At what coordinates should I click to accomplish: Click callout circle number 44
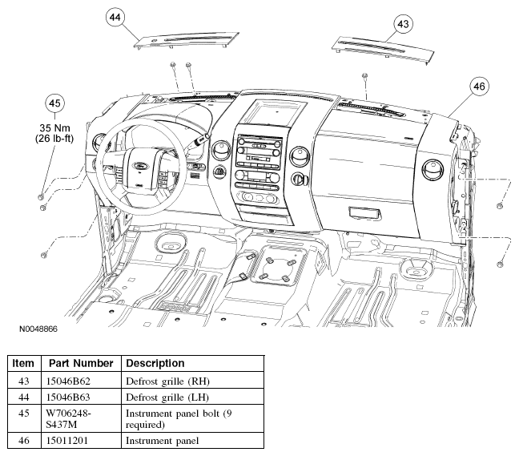click(115, 17)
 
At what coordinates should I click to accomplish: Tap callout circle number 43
click(403, 24)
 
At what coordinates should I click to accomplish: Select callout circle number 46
click(479, 86)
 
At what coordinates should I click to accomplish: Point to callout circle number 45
click(54, 103)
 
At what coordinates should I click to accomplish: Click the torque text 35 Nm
click(54, 128)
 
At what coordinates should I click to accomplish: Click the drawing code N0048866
click(38, 329)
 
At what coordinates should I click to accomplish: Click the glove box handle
click(365, 213)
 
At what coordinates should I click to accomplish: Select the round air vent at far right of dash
click(433, 170)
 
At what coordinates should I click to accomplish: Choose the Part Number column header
click(81, 363)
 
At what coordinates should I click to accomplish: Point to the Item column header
click(24, 363)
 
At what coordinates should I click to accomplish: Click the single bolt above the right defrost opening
click(364, 76)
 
